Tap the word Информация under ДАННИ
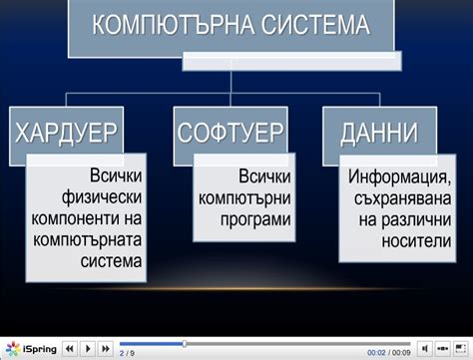point(396,179)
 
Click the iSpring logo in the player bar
point(30,349)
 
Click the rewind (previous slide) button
point(70,349)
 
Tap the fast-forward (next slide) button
point(106,349)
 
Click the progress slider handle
point(184,344)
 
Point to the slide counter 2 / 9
point(127,353)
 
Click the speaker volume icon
point(424,349)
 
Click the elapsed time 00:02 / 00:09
point(388,353)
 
